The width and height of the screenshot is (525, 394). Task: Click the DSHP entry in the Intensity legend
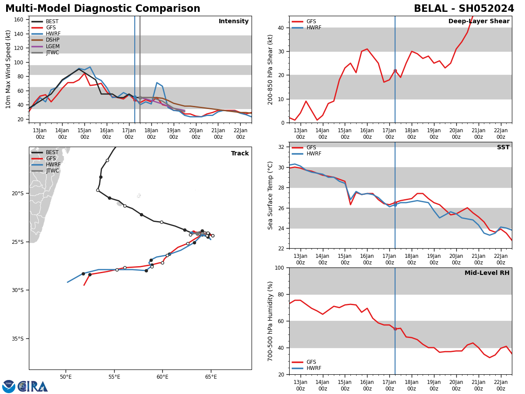[52, 40]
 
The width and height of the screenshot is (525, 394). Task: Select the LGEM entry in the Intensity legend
[52, 46]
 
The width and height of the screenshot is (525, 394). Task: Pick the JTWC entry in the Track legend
[52, 171]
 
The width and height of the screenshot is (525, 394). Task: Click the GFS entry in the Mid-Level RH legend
[311, 362]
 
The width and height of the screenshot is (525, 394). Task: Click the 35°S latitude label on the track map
[17, 338]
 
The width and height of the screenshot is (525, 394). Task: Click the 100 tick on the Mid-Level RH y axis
[279, 267]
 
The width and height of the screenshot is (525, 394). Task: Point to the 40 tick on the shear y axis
[281, 28]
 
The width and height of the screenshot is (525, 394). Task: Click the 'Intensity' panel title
[234, 21]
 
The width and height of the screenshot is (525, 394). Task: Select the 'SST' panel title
[503, 148]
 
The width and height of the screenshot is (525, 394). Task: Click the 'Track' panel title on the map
[240, 154]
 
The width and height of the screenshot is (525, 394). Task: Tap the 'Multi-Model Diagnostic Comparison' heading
[103, 9]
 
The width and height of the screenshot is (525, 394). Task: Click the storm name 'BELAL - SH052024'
[464, 9]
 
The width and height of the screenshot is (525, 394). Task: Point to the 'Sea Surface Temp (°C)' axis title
[271, 195]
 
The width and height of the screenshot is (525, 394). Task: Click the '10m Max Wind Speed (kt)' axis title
[9, 69]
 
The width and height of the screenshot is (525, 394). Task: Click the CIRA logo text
[33, 386]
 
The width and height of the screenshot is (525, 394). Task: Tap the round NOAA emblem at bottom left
[9, 386]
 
